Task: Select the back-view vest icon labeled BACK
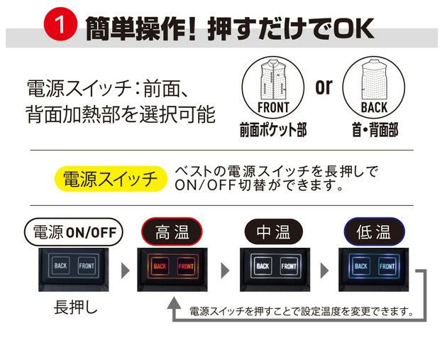pos(373,85)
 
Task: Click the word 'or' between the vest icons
pos(324,87)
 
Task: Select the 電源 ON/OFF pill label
pos(74,231)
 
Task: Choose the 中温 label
pos(273,231)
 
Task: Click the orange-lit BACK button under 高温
pos(159,266)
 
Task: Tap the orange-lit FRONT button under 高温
pos(186,266)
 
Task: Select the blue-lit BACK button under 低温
pos(361,266)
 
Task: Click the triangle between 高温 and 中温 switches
pos(226,271)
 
